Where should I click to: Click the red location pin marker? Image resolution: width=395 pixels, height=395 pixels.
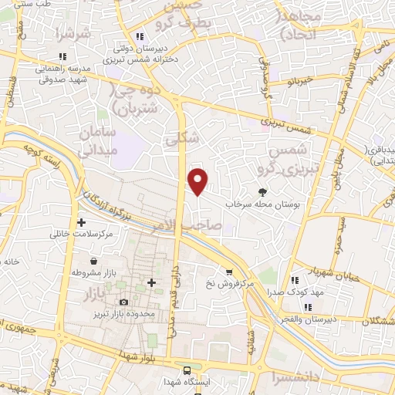(198, 181)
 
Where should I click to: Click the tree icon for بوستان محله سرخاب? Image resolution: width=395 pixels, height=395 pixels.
(264, 193)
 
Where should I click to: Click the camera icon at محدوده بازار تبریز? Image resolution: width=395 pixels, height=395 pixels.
(124, 302)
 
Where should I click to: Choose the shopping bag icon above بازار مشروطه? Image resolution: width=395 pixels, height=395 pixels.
(93, 262)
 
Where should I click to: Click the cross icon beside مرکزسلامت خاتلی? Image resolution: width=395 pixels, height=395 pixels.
(81, 222)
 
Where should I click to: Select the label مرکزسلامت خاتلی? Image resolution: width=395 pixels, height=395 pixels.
(82, 233)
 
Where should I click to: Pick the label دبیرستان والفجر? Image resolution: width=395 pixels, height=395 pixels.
(310, 319)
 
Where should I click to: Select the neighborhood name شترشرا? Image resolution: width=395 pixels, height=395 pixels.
(68, 35)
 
